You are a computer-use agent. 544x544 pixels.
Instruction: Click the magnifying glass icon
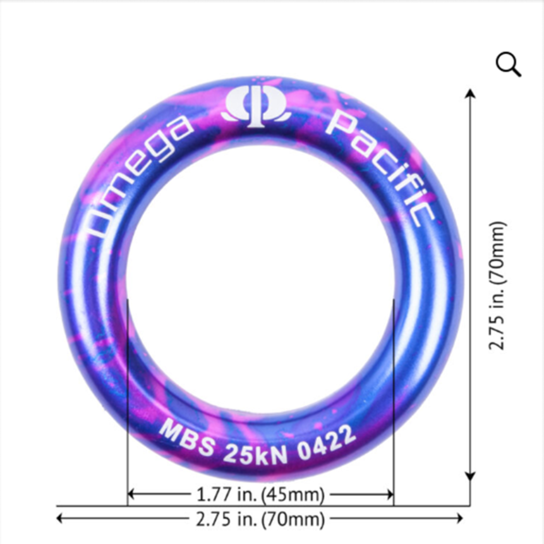point(508,64)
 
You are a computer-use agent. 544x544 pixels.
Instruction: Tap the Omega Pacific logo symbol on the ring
point(257,107)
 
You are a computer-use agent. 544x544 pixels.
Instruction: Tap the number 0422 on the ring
point(327,442)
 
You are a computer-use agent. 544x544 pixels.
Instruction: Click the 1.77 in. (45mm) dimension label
point(260,494)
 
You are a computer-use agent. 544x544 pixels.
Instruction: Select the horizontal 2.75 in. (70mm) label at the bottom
point(260,519)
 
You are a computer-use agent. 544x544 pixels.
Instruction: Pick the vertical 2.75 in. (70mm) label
point(497,285)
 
